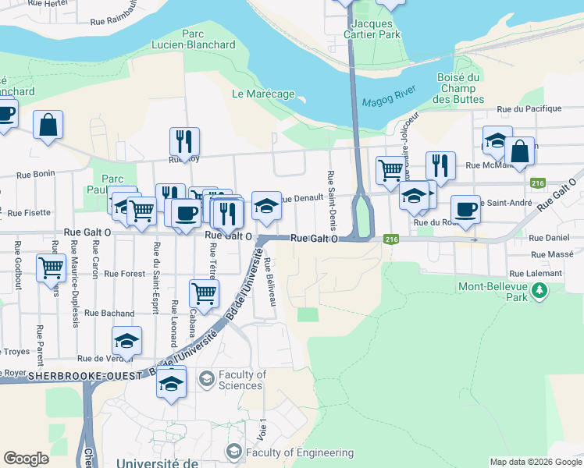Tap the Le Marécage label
click(263, 94)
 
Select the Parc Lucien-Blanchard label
click(198, 39)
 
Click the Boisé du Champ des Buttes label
click(458, 88)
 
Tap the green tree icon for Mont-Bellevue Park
click(538, 291)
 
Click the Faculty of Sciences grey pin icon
click(206, 380)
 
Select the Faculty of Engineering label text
click(299, 452)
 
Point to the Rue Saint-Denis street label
click(331, 200)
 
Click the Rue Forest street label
click(124, 274)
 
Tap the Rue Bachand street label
click(109, 313)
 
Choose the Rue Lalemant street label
click(535, 274)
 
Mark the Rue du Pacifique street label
click(534, 109)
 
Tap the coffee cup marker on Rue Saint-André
click(465, 209)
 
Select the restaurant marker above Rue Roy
click(184, 141)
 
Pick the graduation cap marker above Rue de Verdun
click(126, 340)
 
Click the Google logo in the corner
click(26, 459)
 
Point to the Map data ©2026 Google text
click(535, 462)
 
